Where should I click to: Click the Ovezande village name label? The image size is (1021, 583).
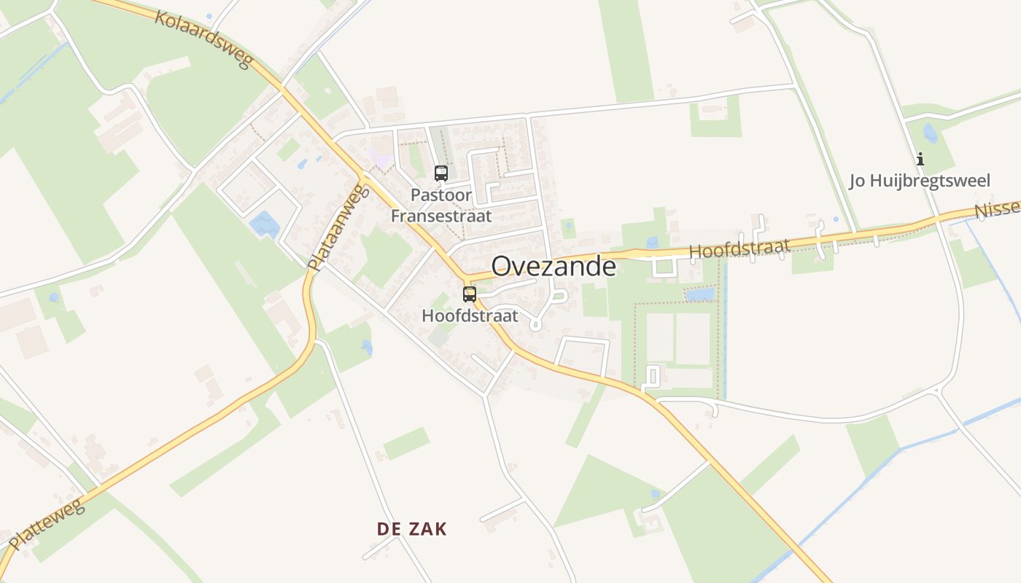point(554,267)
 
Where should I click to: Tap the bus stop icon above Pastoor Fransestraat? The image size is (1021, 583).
point(441,173)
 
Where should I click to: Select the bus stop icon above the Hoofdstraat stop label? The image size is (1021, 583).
point(470,294)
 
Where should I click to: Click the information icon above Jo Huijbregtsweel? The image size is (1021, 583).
point(920,159)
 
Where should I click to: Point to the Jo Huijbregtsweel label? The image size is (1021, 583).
point(920,181)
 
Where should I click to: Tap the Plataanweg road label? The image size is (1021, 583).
point(335,227)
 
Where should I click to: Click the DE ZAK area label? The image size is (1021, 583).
point(411,529)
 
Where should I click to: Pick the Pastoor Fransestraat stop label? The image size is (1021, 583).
point(441,206)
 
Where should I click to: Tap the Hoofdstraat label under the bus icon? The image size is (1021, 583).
point(470,316)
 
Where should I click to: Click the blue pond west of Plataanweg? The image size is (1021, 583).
point(264,224)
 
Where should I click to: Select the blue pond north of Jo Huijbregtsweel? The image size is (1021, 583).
point(930,133)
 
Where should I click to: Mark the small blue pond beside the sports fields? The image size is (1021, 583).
point(700,294)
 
